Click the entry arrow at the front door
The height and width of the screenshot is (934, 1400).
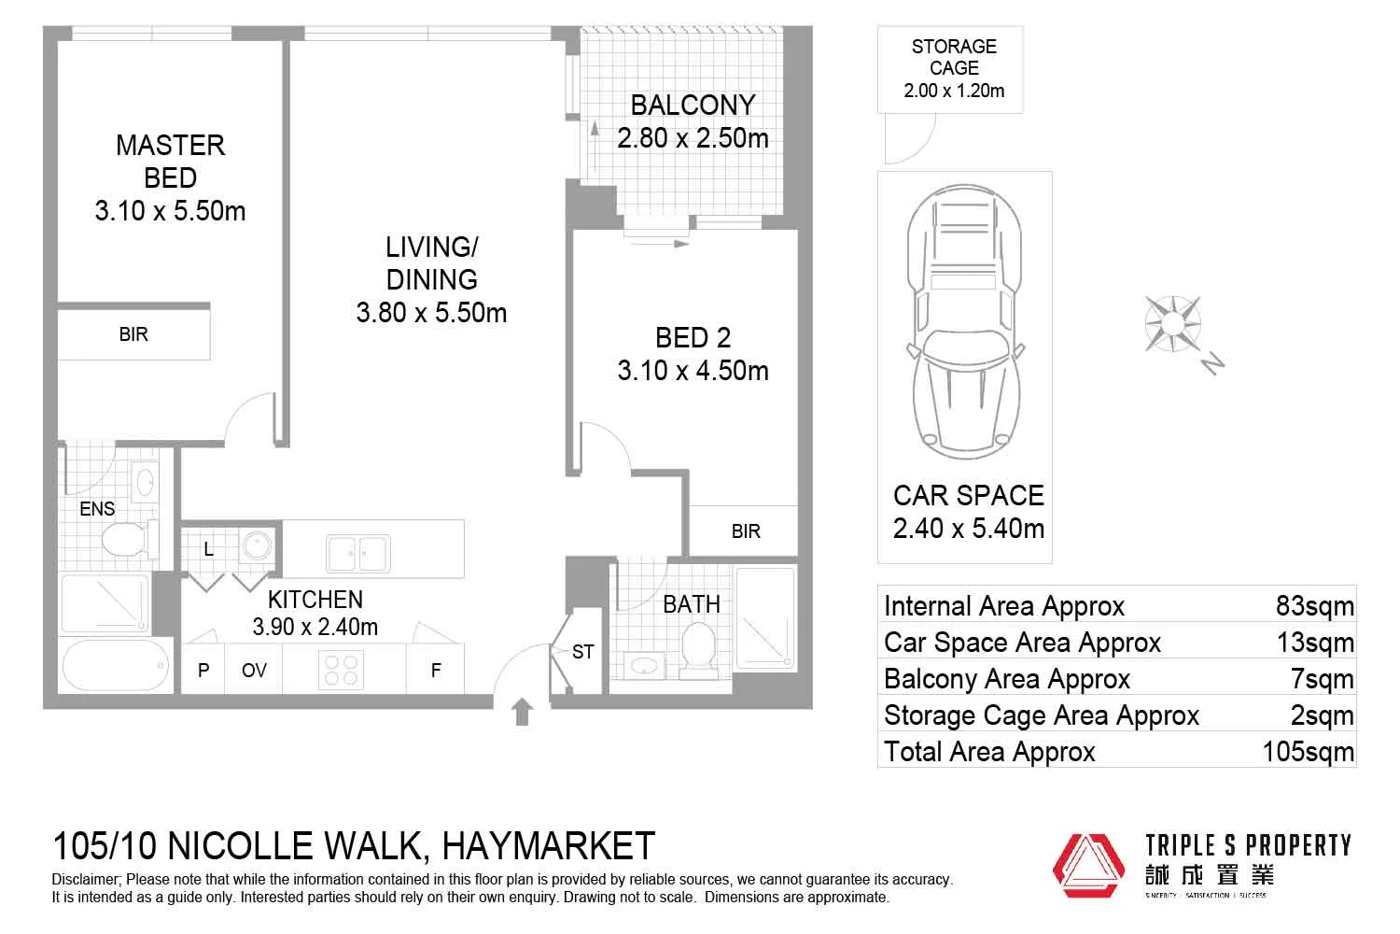[x=523, y=712]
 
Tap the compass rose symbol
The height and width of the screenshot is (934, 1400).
[x=1172, y=323]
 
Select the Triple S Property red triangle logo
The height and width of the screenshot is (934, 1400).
[x=1088, y=864]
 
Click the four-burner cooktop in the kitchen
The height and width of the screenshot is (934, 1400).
[x=341, y=670]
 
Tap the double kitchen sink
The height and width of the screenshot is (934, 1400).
[x=357, y=553]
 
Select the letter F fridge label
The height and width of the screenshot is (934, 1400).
[x=435, y=671]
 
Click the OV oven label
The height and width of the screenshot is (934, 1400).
[x=254, y=671]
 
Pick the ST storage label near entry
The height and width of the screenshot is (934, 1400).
[x=582, y=652]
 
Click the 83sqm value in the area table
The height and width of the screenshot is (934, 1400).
[x=1314, y=606]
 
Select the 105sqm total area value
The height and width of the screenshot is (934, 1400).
[x=1308, y=752]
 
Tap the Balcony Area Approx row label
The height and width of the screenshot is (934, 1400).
[x=1006, y=679]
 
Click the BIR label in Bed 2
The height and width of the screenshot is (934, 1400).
[x=745, y=531]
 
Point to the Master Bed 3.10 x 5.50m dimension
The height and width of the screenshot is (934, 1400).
[x=170, y=211]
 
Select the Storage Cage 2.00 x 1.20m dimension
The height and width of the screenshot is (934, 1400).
[x=954, y=91]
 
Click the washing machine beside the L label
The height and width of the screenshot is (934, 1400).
[x=255, y=547]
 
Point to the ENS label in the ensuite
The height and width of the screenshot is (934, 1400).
[x=97, y=509]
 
